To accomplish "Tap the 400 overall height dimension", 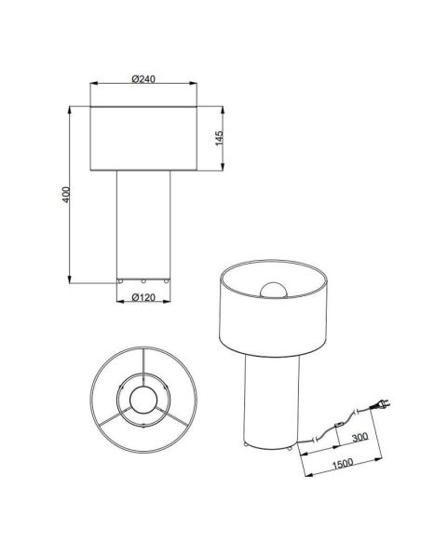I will click(64, 196).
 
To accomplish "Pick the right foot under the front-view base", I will click(164, 279).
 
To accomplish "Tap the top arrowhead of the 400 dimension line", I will click(72, 109).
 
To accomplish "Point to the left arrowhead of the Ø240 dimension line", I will click(93, 85).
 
